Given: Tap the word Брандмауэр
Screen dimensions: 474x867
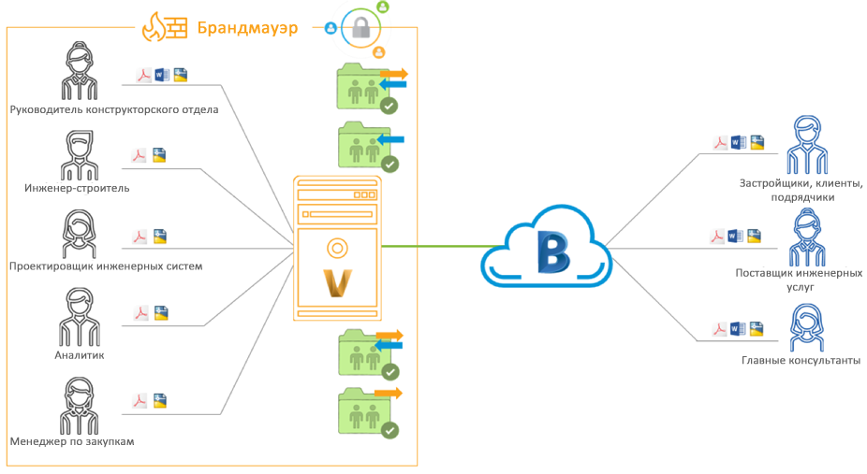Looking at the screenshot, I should click(x=247, y=27).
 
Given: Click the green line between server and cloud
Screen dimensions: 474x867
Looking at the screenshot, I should click(x=431, y=247).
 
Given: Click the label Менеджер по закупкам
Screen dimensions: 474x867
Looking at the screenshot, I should click(x=73, y=441).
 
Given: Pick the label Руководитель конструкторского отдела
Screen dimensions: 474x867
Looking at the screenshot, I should click(x=114, y=109).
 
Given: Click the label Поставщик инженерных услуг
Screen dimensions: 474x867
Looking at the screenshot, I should click(x=799, y=280).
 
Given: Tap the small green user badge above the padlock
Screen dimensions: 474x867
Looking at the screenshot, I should click(x=382, y=7).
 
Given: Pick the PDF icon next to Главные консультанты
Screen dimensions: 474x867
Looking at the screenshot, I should click(x=720, y=329).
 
